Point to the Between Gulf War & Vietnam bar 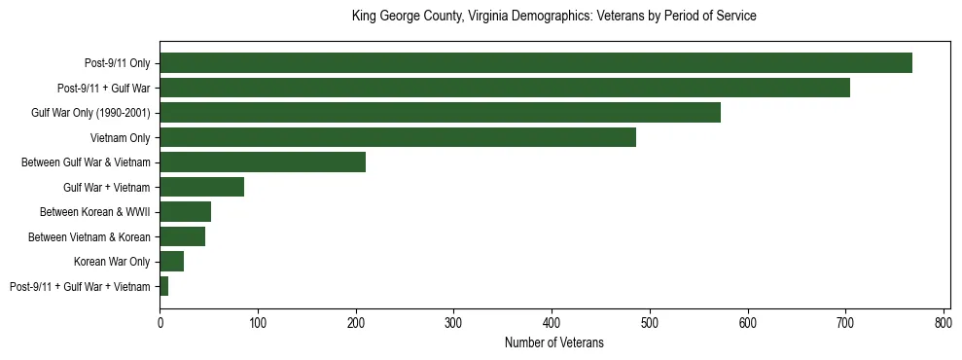coord(263,162)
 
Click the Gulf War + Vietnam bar coord(201,187)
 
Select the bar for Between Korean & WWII coord(185,212)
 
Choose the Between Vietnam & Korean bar coord(182,236)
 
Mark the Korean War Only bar coord(171,262)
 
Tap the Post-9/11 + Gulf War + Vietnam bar coord(163,286)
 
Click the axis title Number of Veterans coord(554,342)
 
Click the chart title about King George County coord(554,17)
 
